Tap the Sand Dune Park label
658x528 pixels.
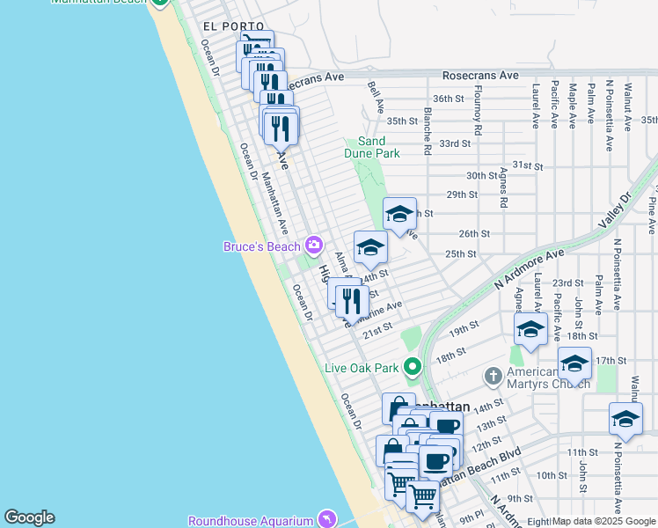pos(378,147)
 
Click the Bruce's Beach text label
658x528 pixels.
pos(261,246)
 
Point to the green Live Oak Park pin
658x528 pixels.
pos(411,367)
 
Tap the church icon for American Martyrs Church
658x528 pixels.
pos(493,377)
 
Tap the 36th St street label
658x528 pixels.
pos(448,99)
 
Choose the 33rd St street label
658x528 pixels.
pos(455,143)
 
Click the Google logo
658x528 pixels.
pos(29,517)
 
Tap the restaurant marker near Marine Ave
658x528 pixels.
pos(351,302)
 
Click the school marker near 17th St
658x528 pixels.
pos(574,363)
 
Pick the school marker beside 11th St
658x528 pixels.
pos(625,419)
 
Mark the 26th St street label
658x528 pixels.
pos(473,234)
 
